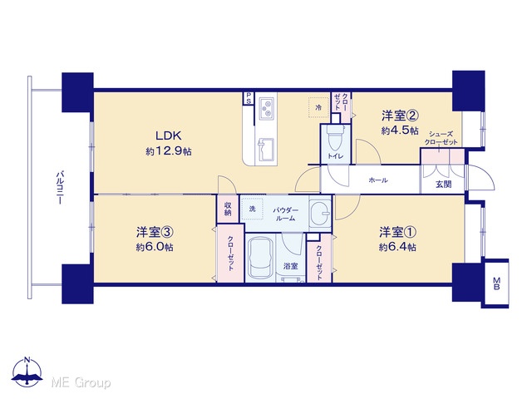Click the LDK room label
pyautogui.click(x=169, y=135)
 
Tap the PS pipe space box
pyautogui.click(x=249, y=98)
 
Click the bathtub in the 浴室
pyautogui.click(x=261, y=258)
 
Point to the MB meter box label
pyautogui.click(x=496, y=283)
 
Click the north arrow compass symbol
pyautogui.click(x=27, y=372)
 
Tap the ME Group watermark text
pyautogui.click(x=81, y=382)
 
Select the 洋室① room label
pyautogui.click(x=397, y=232)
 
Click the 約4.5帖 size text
pyautogui.click(x=400, y=131)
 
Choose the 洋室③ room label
pyautogui.click(x=155, y=232)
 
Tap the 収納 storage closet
pyautogui.click(x=228, y=209)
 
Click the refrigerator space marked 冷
pyautogui.click(x=318, y=107)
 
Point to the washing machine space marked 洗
pyautogui.click(x=253, y=209)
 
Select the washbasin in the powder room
pyautogui.click(x=320, y=214)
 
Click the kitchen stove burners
pyautogui.click(x=266, y=109)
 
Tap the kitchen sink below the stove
pyautogui.click(x=266, y=150)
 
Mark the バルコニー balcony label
pyautogui.click(x=60, y=189)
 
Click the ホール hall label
pyautogui.click(x=378, y=180)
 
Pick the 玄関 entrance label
pyautogui.click(x=443, y=185)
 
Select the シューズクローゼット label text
pyautogui.click(x=441, y=138)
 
